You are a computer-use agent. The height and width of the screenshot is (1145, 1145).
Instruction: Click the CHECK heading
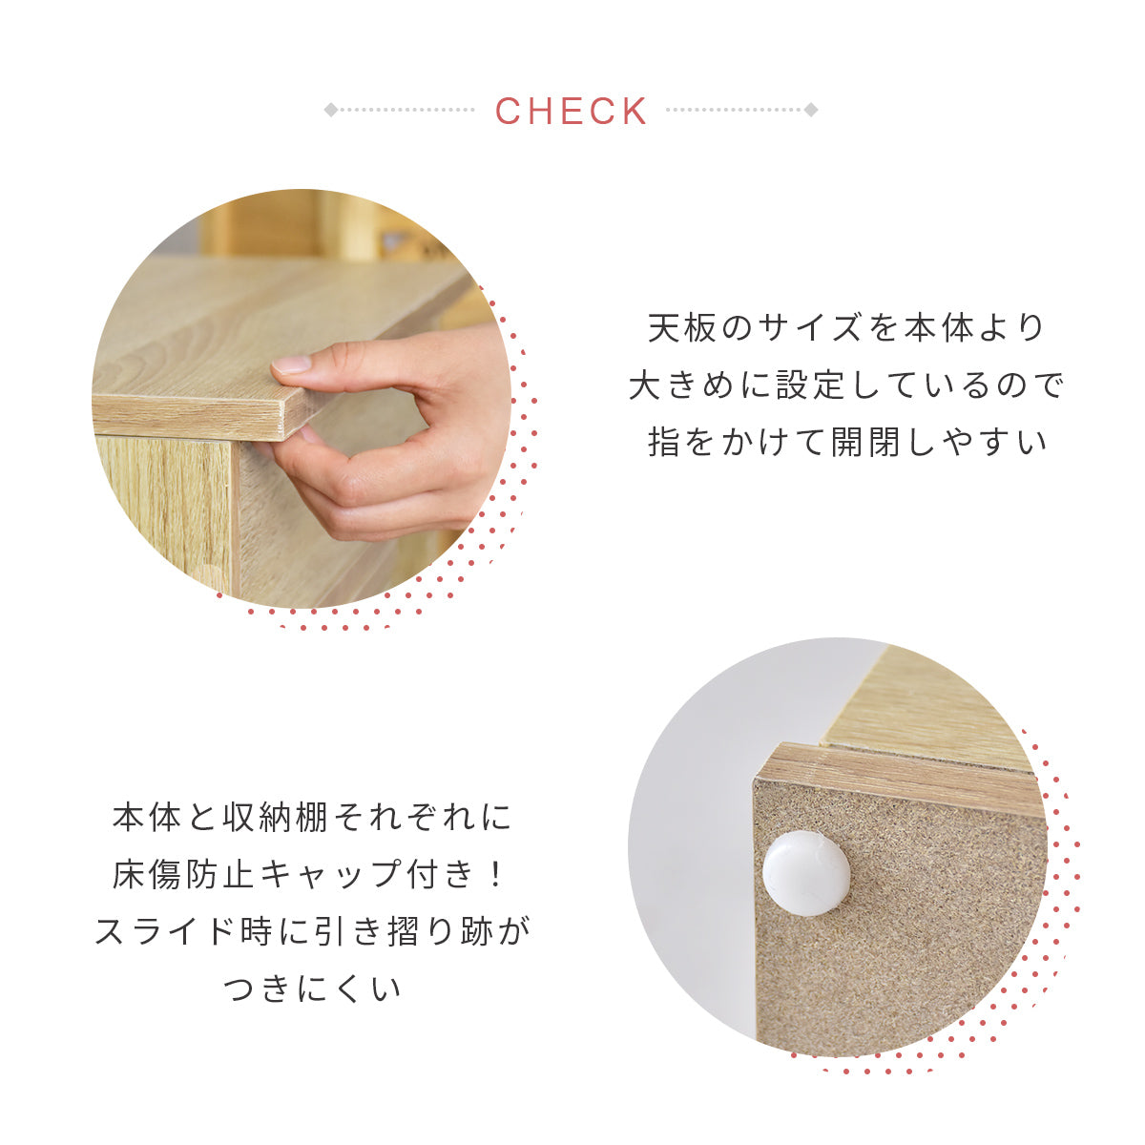click(571, 111)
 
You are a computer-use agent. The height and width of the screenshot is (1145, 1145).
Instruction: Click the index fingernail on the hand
click(292, 364)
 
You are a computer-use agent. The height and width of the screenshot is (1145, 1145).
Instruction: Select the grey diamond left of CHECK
click(331, 110)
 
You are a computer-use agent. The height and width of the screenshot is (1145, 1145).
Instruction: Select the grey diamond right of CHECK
click(811, 110)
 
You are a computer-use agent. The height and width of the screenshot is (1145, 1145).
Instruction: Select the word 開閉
click(865, 442)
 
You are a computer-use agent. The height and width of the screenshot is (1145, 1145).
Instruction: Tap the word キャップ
click(330, 875)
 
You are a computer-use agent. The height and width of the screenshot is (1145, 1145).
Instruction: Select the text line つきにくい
click(311, 989)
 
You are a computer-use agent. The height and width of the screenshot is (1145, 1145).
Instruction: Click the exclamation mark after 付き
click(494, 875)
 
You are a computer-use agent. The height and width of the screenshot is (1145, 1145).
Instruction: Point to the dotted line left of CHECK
click(407, 110)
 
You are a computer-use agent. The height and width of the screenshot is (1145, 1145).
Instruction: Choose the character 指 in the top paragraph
click(664, 442)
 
